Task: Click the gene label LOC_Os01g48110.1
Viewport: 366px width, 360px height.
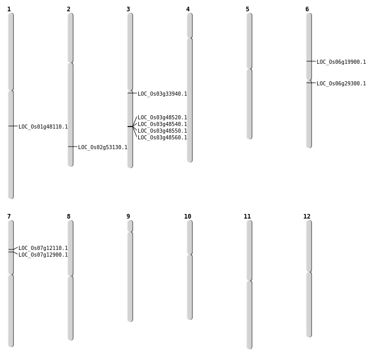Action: point(43,127)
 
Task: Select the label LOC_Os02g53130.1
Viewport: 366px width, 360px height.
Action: point(103,147)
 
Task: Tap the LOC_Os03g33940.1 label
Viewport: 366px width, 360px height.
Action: point(162,94)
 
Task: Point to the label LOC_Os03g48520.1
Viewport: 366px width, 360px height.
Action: point(162,117)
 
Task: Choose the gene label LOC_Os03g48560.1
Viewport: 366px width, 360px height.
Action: point(162,138)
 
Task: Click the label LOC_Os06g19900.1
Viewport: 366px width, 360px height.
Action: point(341,62)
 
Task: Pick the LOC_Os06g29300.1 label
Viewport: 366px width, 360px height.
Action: point(341,84)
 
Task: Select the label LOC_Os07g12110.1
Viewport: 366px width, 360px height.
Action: point(43,248)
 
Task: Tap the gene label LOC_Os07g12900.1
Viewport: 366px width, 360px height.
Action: point(43,255)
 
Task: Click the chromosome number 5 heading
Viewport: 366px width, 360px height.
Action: point(247,9)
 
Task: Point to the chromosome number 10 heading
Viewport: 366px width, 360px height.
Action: point(188,217)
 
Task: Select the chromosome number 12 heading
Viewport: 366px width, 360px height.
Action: point(307,217)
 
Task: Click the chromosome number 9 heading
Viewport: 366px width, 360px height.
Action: point(128,217)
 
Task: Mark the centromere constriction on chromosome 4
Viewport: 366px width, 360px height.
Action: point(190,38)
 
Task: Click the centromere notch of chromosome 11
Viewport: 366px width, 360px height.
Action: point(249,281)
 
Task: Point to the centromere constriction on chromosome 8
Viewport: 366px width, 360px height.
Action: point(70,276)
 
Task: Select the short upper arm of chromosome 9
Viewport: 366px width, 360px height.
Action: point(130,226)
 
